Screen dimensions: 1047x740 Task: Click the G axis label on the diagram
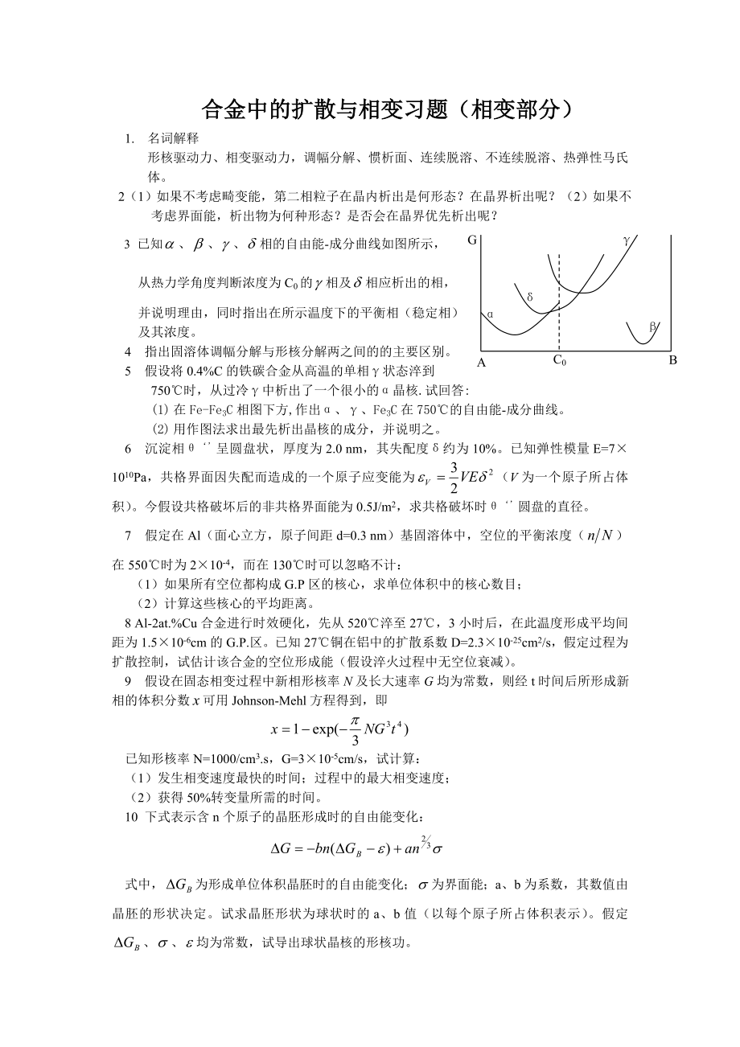[472, 240]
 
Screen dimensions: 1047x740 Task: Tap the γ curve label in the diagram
[627, 240]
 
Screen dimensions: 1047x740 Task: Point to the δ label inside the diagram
[530, 297]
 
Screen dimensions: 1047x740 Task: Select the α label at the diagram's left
[490, 314]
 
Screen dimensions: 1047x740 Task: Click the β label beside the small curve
[652, 326]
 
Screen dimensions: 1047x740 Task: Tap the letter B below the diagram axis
[673, 361]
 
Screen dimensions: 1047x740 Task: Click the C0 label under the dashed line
[559, 361]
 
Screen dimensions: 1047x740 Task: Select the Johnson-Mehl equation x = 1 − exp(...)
[341, 729]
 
